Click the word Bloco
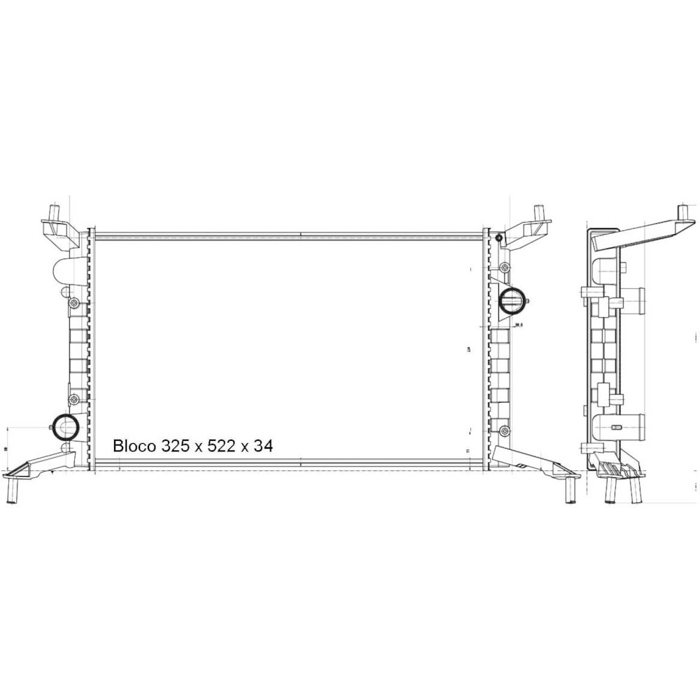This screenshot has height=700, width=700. point(134,445)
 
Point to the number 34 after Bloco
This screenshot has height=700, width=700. point(263,445)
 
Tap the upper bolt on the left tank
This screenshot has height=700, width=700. point(73,302)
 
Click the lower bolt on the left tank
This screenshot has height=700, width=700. point(73,399)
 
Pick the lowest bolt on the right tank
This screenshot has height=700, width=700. point(504,429)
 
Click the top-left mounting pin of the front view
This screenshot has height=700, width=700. point(54,211)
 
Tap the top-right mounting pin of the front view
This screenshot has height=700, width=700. point(539,211)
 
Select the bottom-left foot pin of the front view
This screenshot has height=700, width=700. point(12,490)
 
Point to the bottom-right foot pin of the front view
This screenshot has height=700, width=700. point(570,490)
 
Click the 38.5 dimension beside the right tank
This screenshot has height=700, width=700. point(519,325)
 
